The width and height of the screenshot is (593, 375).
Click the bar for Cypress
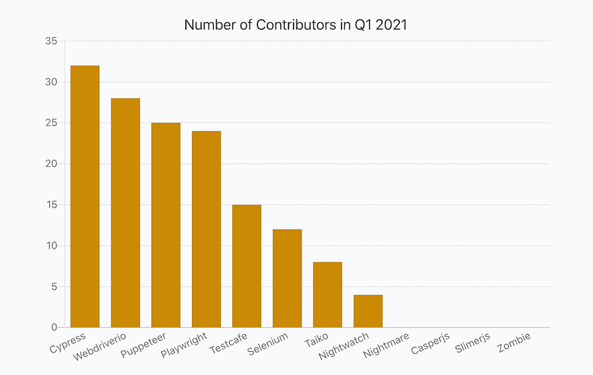pos(85,196)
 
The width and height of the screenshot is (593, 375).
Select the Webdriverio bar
pos(126,212)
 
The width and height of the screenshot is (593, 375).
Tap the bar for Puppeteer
pos(166,225)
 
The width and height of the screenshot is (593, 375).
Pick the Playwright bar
pos(207,229)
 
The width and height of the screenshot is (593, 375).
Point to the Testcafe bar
pos(247,266)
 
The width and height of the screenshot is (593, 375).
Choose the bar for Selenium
pos(287,278)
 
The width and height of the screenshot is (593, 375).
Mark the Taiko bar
pos(328,294)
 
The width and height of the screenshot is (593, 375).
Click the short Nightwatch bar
pos(368,311)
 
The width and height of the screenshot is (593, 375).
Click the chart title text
pos(296,25)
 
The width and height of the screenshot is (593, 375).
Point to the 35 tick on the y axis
pos(51,41)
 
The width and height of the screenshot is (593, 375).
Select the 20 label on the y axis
pos(51,164)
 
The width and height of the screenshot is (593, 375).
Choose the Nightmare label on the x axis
pos(386,346)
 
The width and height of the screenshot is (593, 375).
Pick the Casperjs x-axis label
pos(430,344)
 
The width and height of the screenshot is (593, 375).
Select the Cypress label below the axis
pos(68,343)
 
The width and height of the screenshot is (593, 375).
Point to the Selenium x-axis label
pos(267,344)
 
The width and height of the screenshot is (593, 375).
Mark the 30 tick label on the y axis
pos(51,82)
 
